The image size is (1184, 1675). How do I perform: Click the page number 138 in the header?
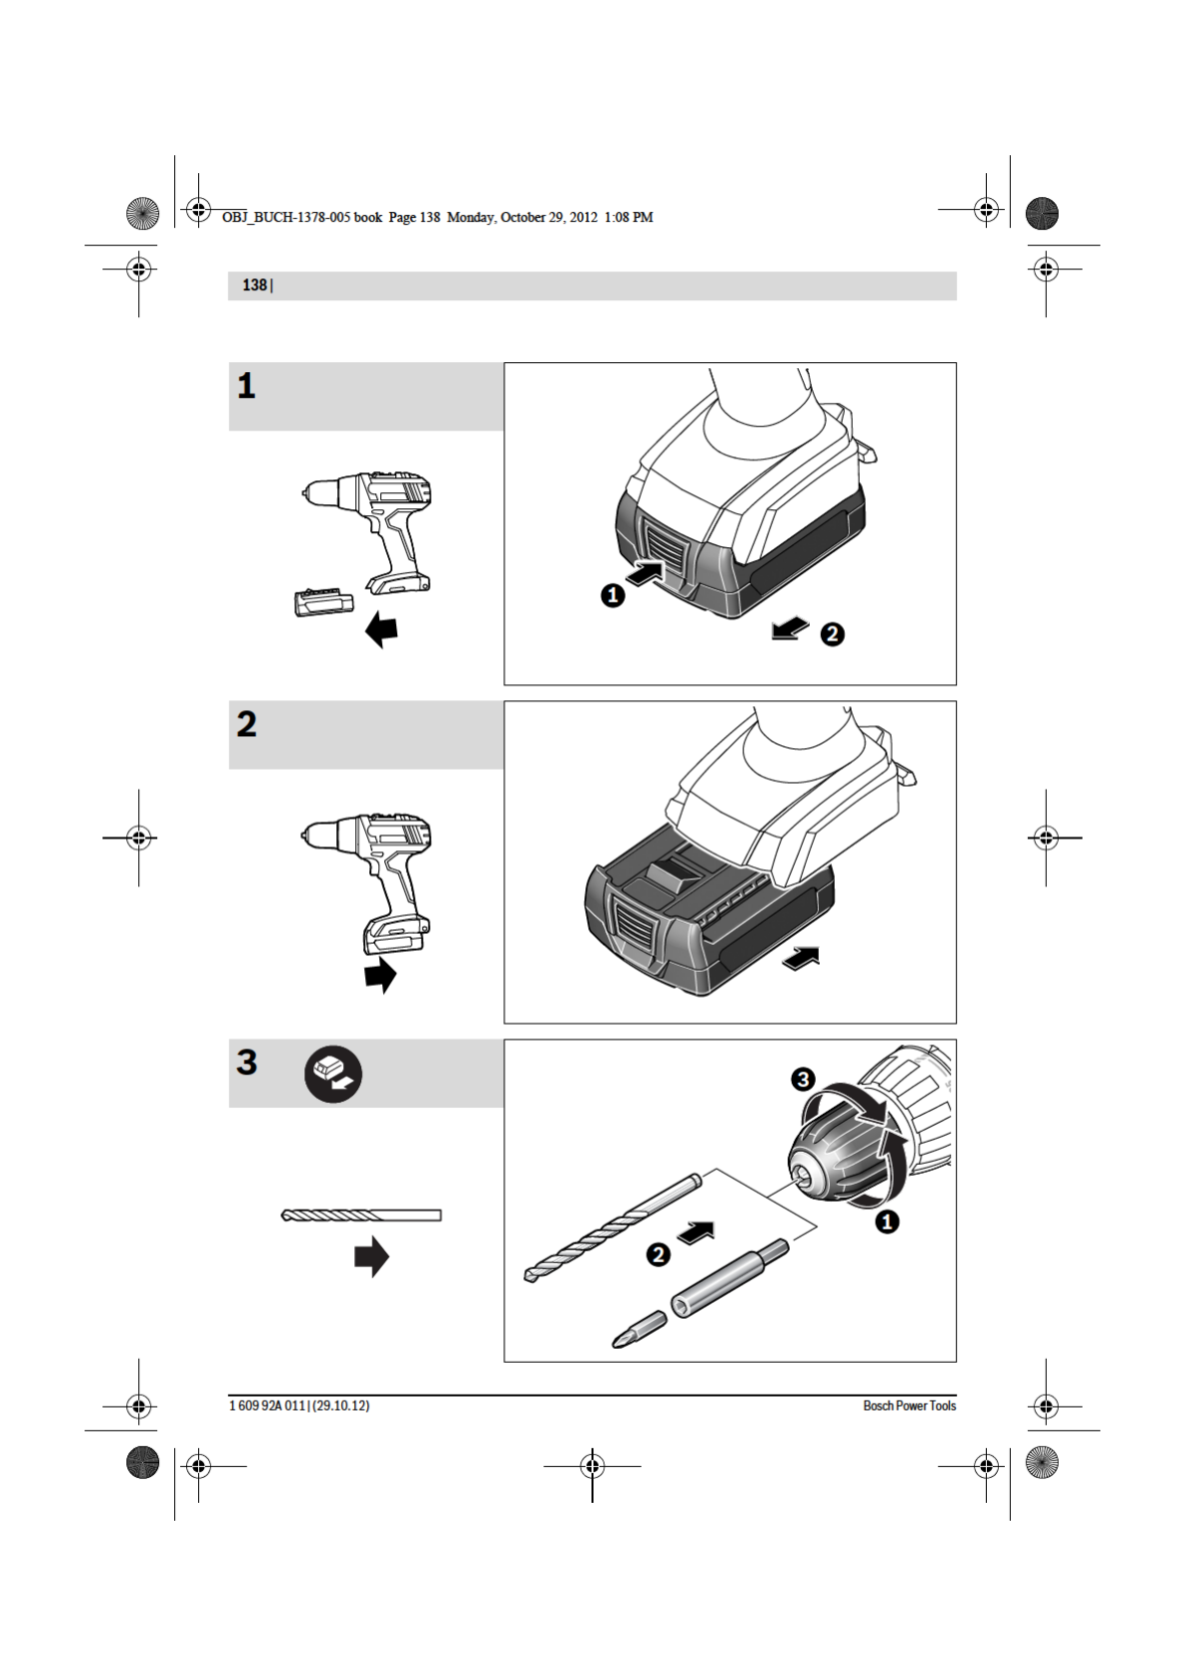click(x=254, y=285)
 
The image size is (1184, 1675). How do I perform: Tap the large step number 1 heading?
click(x=246, y=386)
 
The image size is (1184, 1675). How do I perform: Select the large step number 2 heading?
click(x=247, y=724)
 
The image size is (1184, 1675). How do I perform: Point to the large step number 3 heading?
click(x=247, y=1062)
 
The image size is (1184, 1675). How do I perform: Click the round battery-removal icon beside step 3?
click(x=333, y=1074)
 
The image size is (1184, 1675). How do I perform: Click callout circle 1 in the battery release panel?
click(x=613, y=595)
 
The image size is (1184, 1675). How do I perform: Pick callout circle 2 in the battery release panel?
click(x=832, y=634)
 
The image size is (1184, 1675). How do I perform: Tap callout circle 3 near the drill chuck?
click(x=803, y=1079)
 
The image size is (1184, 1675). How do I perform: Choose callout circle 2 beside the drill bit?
click(x=658, y=1254)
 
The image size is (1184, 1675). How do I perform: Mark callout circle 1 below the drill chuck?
click(x=887, y=1220)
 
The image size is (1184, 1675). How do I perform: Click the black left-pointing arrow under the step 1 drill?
click(x=381, y=629)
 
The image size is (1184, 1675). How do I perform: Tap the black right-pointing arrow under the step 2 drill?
click(x=380, y=975)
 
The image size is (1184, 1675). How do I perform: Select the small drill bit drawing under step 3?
click(x=361, y=1214)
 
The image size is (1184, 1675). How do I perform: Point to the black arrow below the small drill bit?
click(x=371, y=1256)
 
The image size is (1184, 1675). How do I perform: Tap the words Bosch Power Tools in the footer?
click(x=908, y=1405)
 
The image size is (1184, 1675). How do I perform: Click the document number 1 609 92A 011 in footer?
click(x=268, y=1405)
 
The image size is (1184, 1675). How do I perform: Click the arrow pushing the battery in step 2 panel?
click(x=802, y=958)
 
